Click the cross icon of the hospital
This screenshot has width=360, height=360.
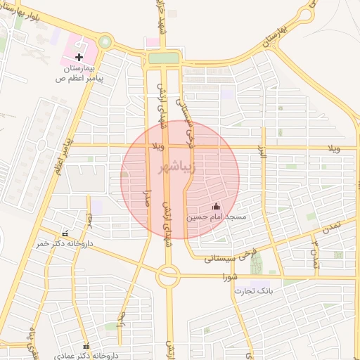pyautogui.click(x=79, y=56)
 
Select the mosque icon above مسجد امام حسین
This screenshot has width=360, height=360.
pyautogui.click(x=216, y=207)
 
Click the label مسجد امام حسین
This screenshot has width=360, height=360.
pyautogui.click(x=216, y=217)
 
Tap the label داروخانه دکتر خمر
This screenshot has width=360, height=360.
pyautogui.click(x=71, y=245)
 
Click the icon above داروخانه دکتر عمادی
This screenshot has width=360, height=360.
pyautogui.click(x=86, y=347)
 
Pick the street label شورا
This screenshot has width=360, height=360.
pyautogui.click(x=229, y=276)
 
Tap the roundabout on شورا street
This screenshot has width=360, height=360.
pyautogui.click(x=168, y=276)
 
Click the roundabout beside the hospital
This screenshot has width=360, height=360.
pyautogui.click(x=105, y=41)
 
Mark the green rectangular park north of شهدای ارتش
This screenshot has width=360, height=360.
pyautogui.click(x=163, y=58)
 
